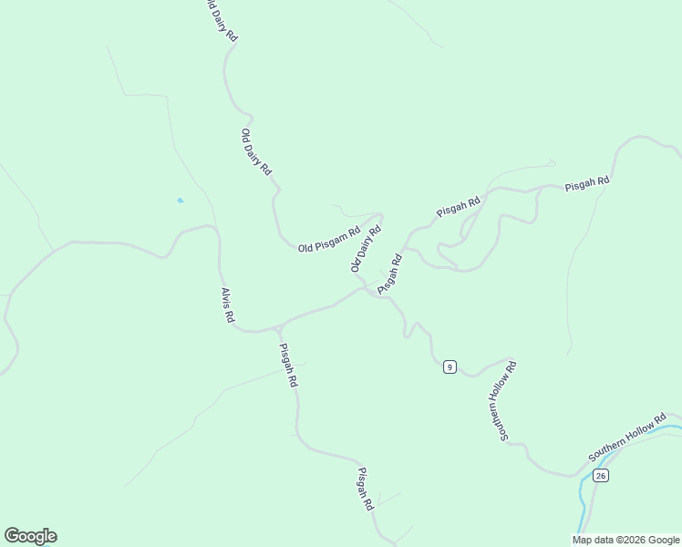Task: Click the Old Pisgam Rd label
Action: (329, 241)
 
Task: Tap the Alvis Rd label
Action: (228, 305)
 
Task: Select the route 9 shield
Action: (449, 366)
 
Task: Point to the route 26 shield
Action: (600, 476)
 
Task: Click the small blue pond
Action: (181, 201)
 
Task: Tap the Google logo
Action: (30, 536)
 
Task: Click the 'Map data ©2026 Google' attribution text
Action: (626, 540)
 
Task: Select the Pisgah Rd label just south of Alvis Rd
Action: (288, 365)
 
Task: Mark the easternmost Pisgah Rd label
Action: (586, 182)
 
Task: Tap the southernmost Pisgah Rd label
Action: (366, 489)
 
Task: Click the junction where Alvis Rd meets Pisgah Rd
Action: (276, 327)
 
